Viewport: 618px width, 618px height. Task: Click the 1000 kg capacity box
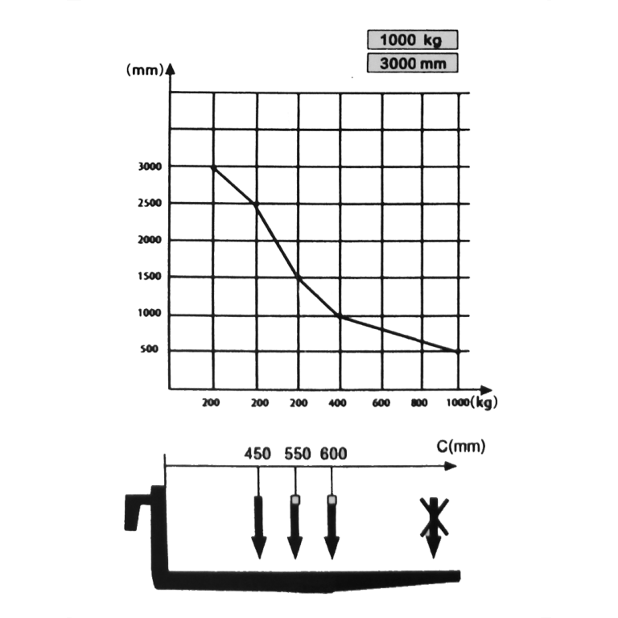[x=413, y=39]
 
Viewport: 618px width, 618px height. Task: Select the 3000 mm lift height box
[x=413, y=63]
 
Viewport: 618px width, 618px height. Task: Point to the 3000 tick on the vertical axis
[x=150, y=167]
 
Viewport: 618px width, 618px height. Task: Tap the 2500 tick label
[x=150, y=203]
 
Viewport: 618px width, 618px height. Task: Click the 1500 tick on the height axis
[x=150, y=276]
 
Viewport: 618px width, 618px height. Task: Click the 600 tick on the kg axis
[x=381, y=403]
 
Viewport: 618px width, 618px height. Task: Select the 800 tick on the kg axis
[x=419, y=403]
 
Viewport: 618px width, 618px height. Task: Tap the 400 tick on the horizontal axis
[x=337, y=403]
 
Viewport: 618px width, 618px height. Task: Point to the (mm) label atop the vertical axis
[x=145, y=70]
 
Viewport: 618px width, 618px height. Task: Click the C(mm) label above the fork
[x=461, y=447]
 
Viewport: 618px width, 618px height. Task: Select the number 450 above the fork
[x=257, y=454]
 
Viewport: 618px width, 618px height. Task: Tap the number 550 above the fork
[x=298, y=454]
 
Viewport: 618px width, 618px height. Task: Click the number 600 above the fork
[x=333, y=454]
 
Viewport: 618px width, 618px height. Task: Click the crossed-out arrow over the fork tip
[x=434, y=527]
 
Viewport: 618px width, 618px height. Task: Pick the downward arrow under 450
[x=258, y=527]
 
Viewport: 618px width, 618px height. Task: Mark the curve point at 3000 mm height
[x=213, y=167]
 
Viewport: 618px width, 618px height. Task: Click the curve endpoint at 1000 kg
[x=458, y=351]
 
